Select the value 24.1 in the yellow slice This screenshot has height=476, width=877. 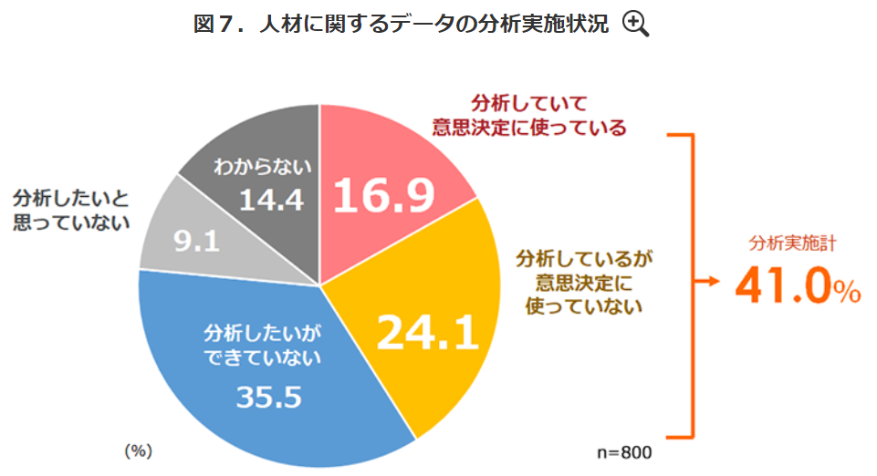pyautogui.click(x=428, y=335)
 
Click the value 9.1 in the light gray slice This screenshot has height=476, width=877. pyautogui.click(x=195, y=243)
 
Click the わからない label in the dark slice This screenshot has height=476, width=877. pyautogui.click(x=263, y=167)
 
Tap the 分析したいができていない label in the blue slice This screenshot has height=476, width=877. pyautogui.click(x=263, y=342)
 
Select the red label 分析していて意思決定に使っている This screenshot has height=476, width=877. pyautogui.click(x=530, y=114)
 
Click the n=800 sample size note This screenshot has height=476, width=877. pyautogui.click(x=626, y=451)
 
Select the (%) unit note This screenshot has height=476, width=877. pyautogui.click(x=138, y=450)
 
